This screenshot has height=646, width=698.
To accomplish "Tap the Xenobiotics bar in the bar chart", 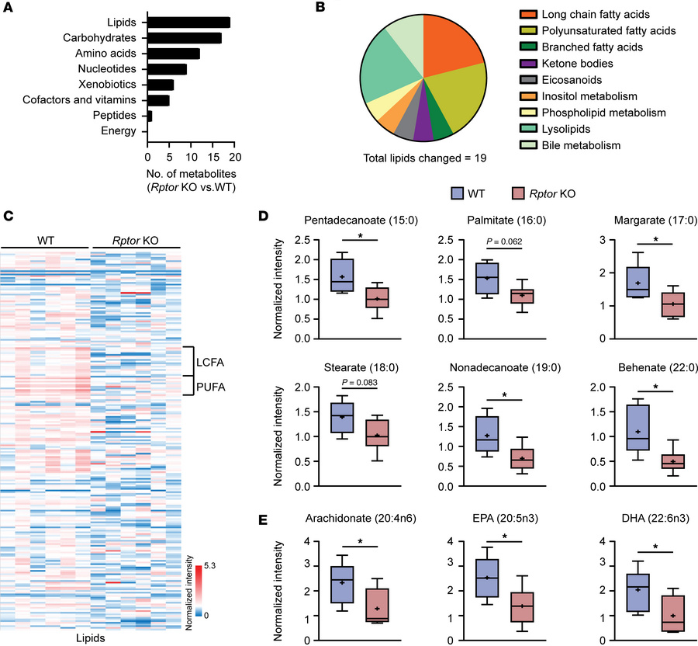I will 161,84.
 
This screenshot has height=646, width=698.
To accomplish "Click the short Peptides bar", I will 150,115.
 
